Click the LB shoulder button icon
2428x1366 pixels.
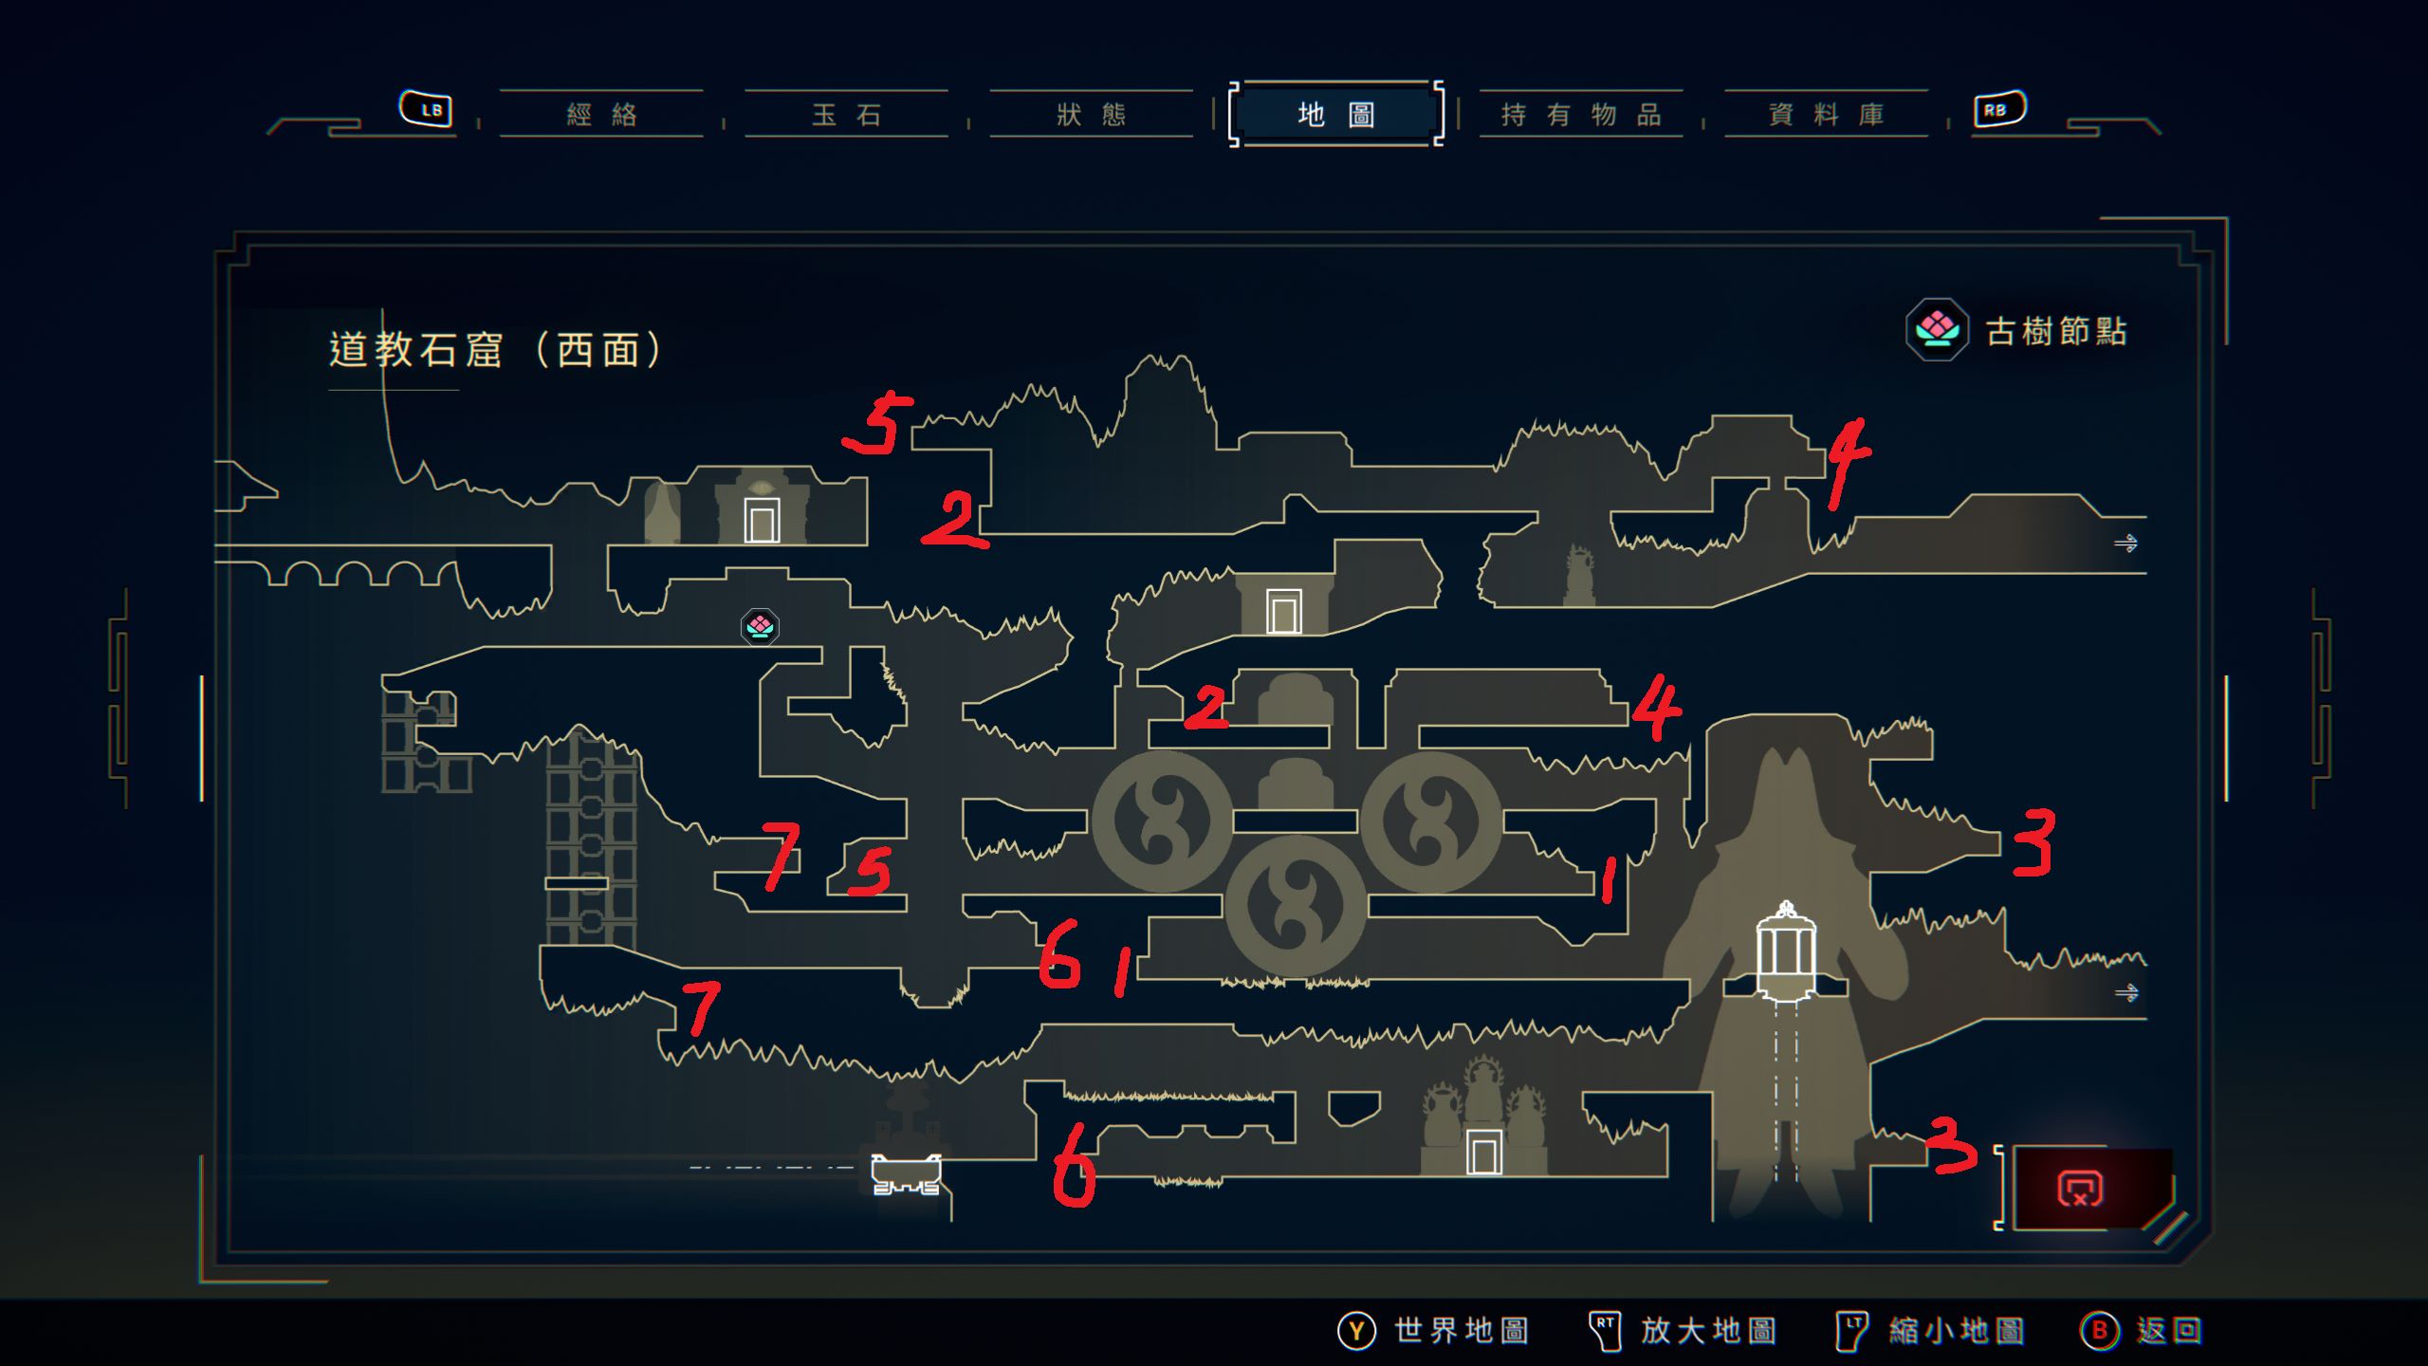coord(426,109)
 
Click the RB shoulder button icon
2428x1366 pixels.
coord(1999,109)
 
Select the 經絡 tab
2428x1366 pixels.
coord(601,115)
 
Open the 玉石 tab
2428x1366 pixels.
coord(846,115)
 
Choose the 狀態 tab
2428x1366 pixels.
coord(1091,115)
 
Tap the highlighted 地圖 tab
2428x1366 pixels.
coord(1336,114)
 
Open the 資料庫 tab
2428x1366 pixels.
coord(1826,115)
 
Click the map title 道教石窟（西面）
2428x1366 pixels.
coord(495,349)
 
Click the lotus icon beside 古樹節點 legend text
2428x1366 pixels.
coord(1937,329)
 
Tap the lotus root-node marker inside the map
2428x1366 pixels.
coord(760,626)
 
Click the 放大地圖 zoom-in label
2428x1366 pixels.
coord(1708,1330)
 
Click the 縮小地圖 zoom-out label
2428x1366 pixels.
coord(1956,1330)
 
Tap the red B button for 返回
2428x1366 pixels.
coord(2099,1330)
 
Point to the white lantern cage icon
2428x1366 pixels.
coord(1786,951)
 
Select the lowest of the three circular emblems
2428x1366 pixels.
coord(1296,906)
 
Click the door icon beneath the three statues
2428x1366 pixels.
coord(1483,1154)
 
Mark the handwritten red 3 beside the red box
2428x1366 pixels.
coord(1952,1144)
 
